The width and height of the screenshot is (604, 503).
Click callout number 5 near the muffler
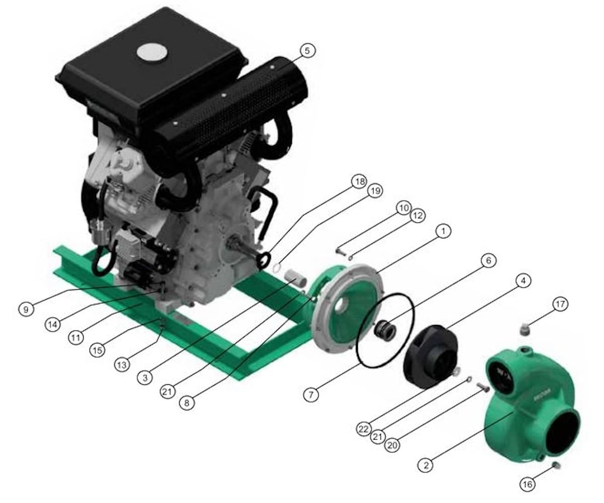pyautogui.click(x=306, y=51)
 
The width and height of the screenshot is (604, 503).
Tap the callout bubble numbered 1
pyautogui.click(x=443, y=232)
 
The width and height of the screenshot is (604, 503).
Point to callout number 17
pyautogui.click(x=560, y=304)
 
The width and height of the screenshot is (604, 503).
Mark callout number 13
pyautogui.click(x=122, y=365)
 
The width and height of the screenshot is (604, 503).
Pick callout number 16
pyautogui.click(x=528, y=484)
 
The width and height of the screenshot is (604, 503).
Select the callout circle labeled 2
pyautogui.click(x=426, y=465)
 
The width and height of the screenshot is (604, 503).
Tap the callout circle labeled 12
pyautogui.click(x=418, y=216)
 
